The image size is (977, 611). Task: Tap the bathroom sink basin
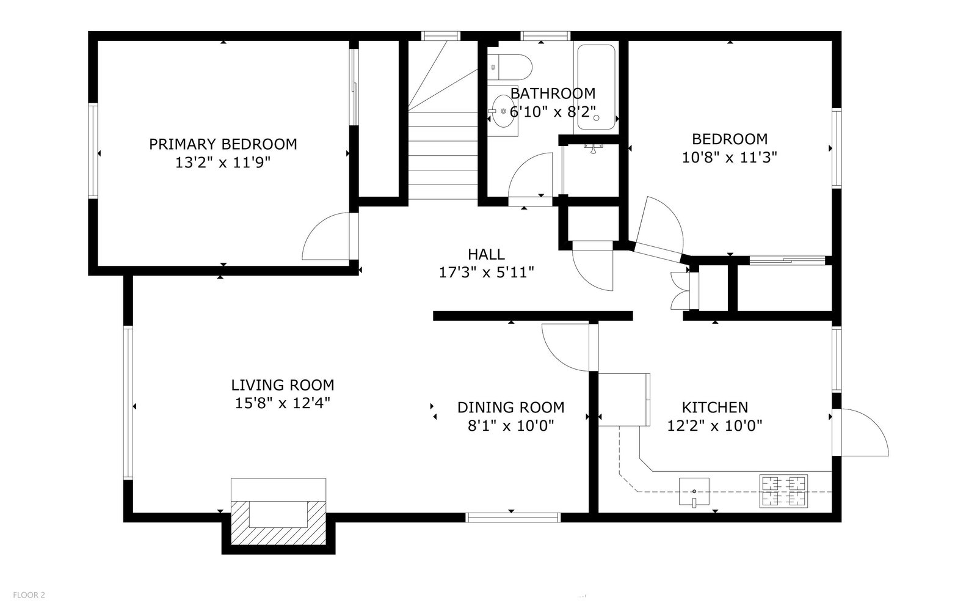point(503,111)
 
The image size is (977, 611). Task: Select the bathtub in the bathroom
point(596,87)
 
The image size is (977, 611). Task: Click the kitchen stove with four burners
point(783,491)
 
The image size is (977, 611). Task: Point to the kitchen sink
point(694,492)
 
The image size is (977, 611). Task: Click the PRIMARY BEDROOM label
point(223,144)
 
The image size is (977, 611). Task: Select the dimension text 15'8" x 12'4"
point(283,403)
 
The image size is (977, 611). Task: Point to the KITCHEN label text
point(715,407)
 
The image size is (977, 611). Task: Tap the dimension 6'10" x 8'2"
point(553,112)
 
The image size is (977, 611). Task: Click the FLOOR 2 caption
point(29,595)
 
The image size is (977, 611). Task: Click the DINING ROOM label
point(510,407)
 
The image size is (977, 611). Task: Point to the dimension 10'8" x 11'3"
point(730,157)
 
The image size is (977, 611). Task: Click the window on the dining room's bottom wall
point(513,518)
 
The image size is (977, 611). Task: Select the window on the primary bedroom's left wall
point(93,151)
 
